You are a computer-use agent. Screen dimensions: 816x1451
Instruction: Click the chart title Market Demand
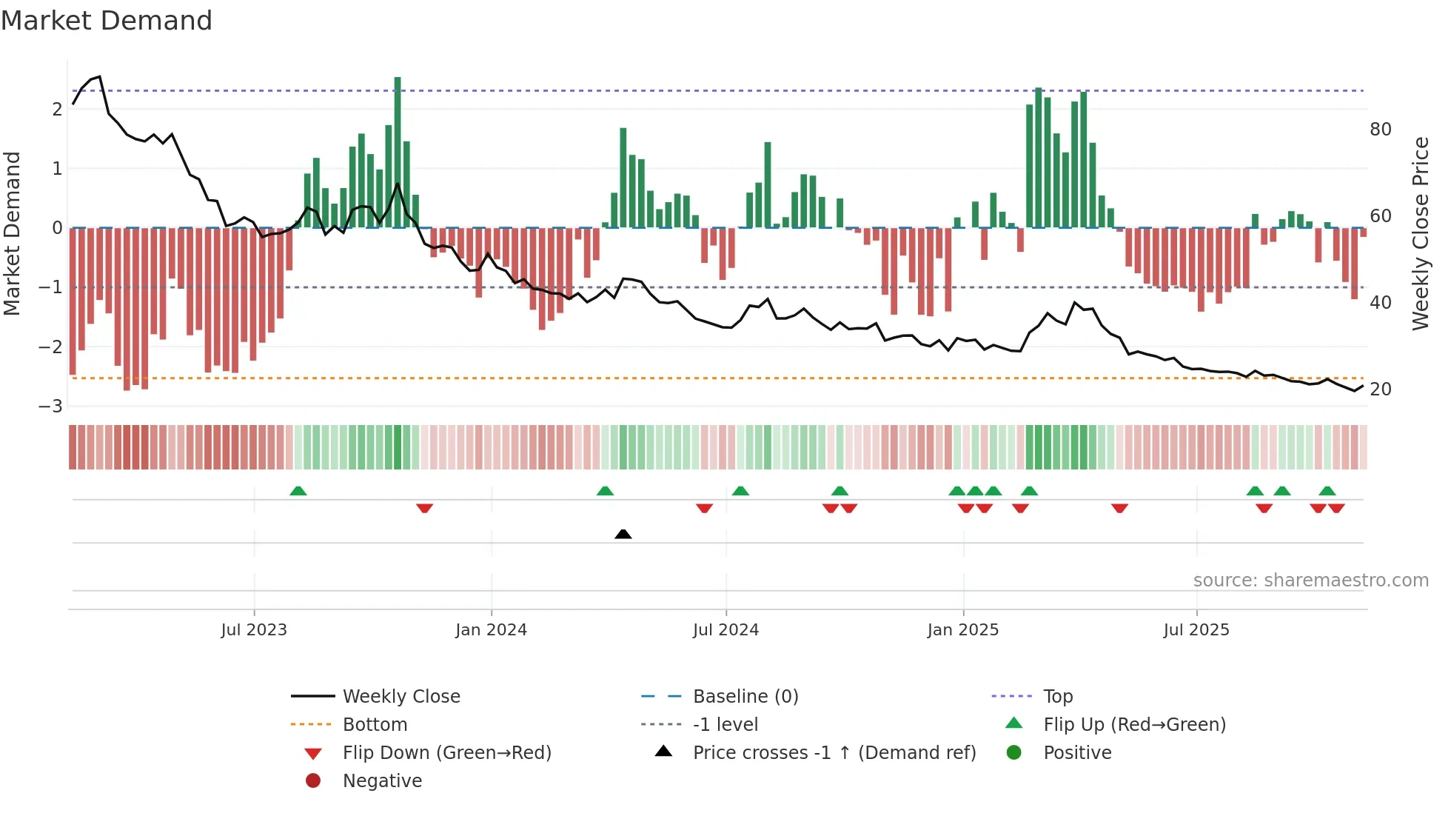pyautogui.click(x=107, y=21)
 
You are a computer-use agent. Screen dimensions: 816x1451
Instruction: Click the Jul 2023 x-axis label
pyautogui.click(x=254, y=630)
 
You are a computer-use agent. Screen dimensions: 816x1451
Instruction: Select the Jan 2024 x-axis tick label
pyautogui.click(x=491, y=630)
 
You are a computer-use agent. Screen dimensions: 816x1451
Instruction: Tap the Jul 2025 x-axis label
pyautogui.click(x=1196, y=630)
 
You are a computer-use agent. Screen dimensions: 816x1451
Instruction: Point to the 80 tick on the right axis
pyautogui.click(x=1380, y=130)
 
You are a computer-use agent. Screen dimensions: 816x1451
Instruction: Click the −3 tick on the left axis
pyautogui.click(x=51, y=407)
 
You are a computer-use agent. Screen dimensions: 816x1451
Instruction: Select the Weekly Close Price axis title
pyautogui.click(x=1420, y=233)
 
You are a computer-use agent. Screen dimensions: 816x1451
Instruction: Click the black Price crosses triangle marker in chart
pyautogui.click(x=623, y=534)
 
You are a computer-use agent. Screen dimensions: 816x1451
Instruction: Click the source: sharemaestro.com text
pyautogui.click(x=1310, y=581)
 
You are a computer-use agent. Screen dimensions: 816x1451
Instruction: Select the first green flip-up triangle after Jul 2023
pyautogui.click(x=298, y=491)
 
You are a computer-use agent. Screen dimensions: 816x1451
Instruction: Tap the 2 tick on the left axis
pyautogui.click(x=57, y=110)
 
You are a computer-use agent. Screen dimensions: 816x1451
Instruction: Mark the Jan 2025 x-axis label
pyautogui.click(x=962, y=630)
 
